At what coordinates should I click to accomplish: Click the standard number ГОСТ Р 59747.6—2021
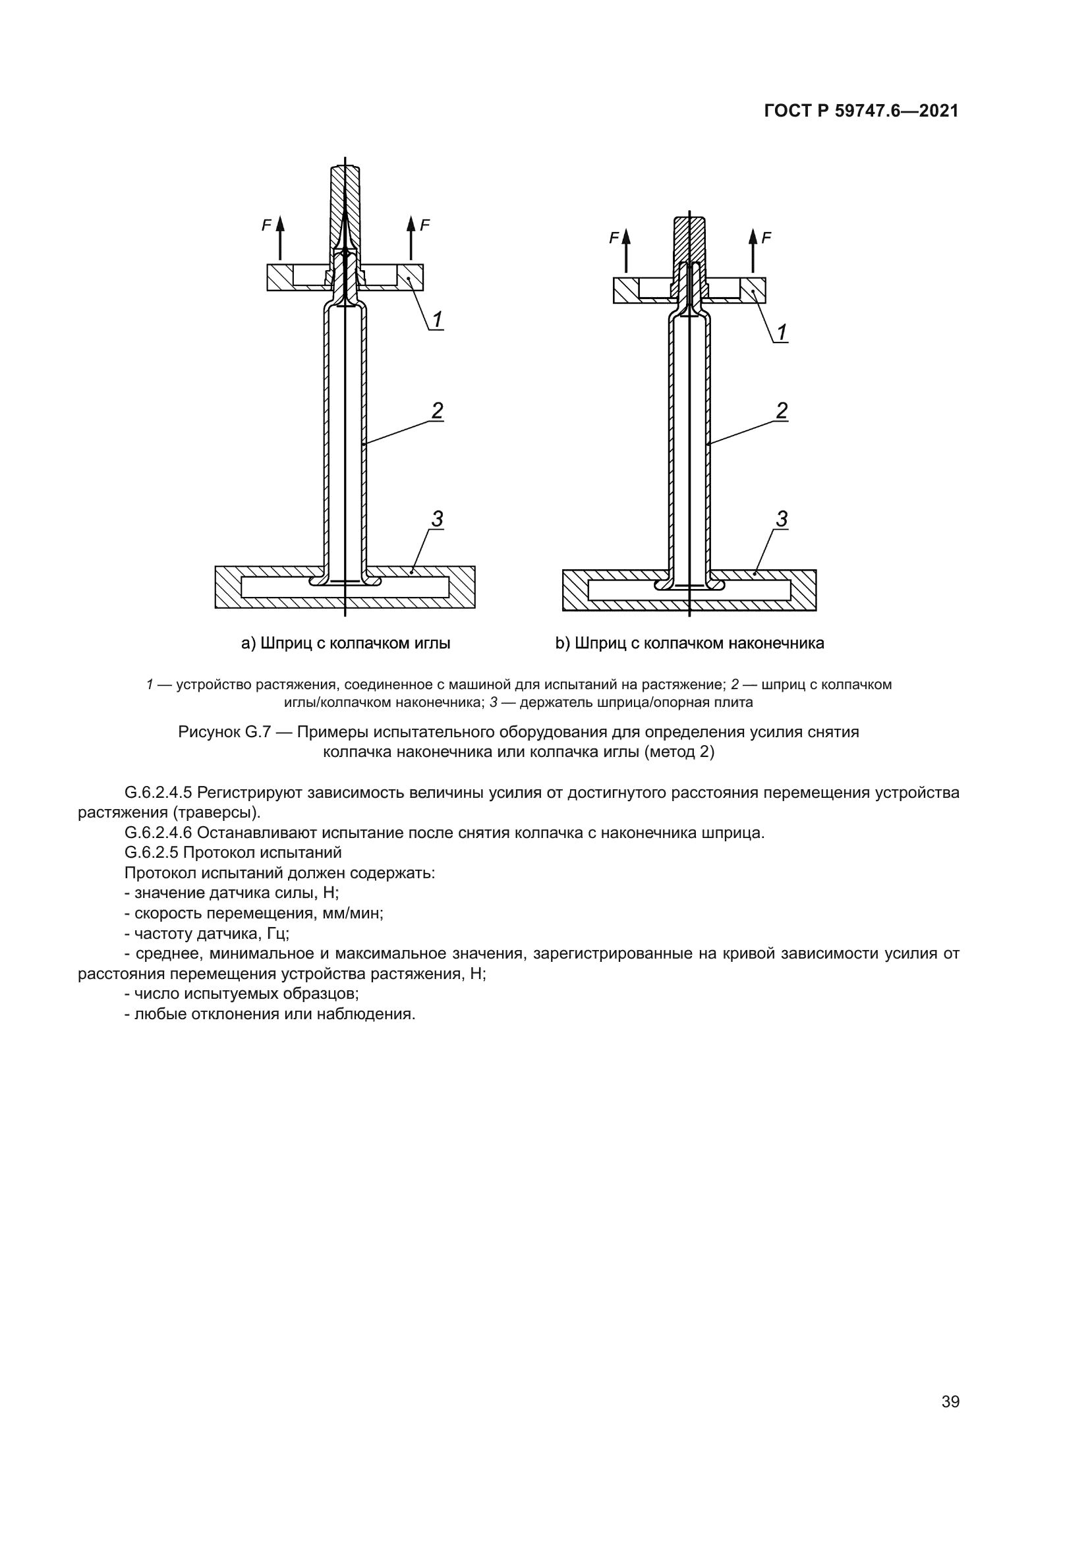[861, 111]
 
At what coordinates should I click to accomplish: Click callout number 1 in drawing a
[437, 320]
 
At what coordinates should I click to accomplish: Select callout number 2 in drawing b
[782, 410]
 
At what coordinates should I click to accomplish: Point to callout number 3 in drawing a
[437, 518]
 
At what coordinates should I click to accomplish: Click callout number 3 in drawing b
[782, 518]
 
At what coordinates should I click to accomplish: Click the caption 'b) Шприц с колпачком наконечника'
[689, 643]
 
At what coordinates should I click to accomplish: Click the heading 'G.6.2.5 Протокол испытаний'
[233, 853]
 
